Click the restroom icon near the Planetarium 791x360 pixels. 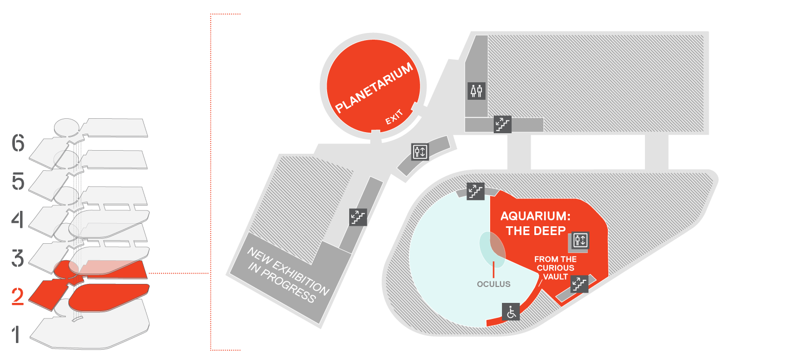[476, 91]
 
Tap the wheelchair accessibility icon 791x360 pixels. [511, 312]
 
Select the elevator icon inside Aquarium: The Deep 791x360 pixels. [581, 240]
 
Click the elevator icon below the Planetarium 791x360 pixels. [420, 152]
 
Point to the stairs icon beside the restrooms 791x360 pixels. [502, 124]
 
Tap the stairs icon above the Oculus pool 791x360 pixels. [475, 191]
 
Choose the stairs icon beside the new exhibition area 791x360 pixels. [358, 217]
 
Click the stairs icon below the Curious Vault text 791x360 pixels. [580, 284]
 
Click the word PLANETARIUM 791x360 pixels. [373, 87]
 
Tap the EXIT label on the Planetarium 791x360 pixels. [394, 117]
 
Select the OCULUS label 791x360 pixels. [493, 284]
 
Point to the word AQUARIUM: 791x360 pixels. [535, 215]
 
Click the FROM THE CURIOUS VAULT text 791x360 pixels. [555, 268]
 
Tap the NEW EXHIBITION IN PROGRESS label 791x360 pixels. [288, 275]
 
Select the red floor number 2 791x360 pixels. [17, 296]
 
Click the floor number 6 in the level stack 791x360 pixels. [18, 143]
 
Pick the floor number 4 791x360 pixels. [17, 219]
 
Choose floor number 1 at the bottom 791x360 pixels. [16, 334]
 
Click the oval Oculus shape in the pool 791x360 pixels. [492, 249]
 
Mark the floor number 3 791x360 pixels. [17, 258]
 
